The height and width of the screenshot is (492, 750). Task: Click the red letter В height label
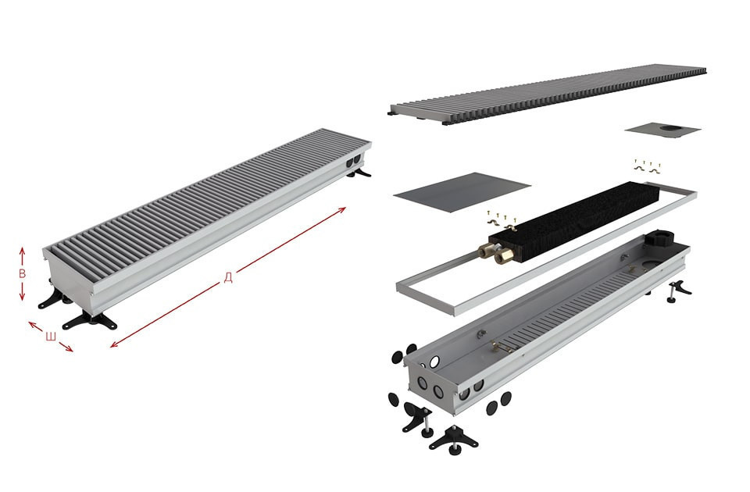(22, 273)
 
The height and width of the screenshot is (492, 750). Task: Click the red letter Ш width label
(51, 337)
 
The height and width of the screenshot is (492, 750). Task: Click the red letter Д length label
(228, 277)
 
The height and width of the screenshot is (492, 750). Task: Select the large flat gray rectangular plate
(462, 192)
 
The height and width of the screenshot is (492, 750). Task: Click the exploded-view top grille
(548, 94)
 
